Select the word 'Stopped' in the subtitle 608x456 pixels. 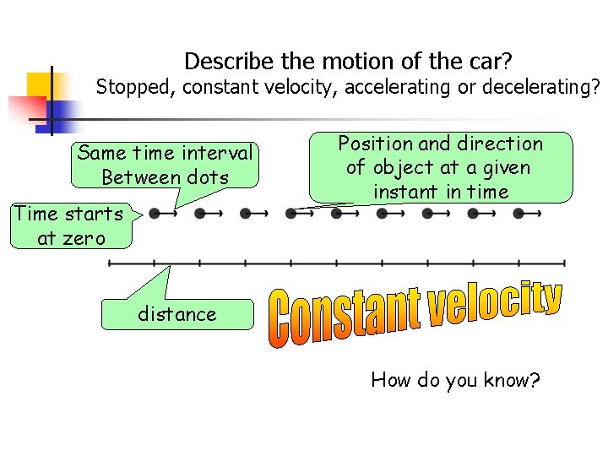[x=131, y=86]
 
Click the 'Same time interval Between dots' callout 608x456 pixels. [x=165, y=166]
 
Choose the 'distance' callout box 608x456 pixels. [x=177, y=314]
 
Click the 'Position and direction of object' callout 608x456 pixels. [x=440, y=167]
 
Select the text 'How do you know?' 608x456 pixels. [x=455, y=380]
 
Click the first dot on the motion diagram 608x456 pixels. [x=155, y=214]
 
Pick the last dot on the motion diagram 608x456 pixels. [x=518, y=214]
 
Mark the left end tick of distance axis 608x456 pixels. [x=110, y=263]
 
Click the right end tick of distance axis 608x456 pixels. [x=564, y=263]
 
